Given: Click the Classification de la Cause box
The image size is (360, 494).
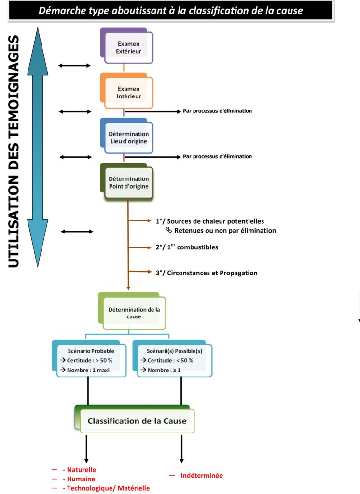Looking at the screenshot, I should pos(136,421).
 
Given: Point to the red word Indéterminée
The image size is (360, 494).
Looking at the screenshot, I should pos(202,476).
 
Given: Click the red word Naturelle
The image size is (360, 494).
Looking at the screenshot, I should pos(82,470).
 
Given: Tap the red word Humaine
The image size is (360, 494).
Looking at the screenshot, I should pos(81,479).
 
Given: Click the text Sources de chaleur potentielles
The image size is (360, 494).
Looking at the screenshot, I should pos(210,221).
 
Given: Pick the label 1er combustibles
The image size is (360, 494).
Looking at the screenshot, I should pos(187,247).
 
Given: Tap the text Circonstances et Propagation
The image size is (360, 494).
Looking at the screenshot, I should pos(206,273).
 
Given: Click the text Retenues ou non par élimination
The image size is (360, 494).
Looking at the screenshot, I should pos(225,231).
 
